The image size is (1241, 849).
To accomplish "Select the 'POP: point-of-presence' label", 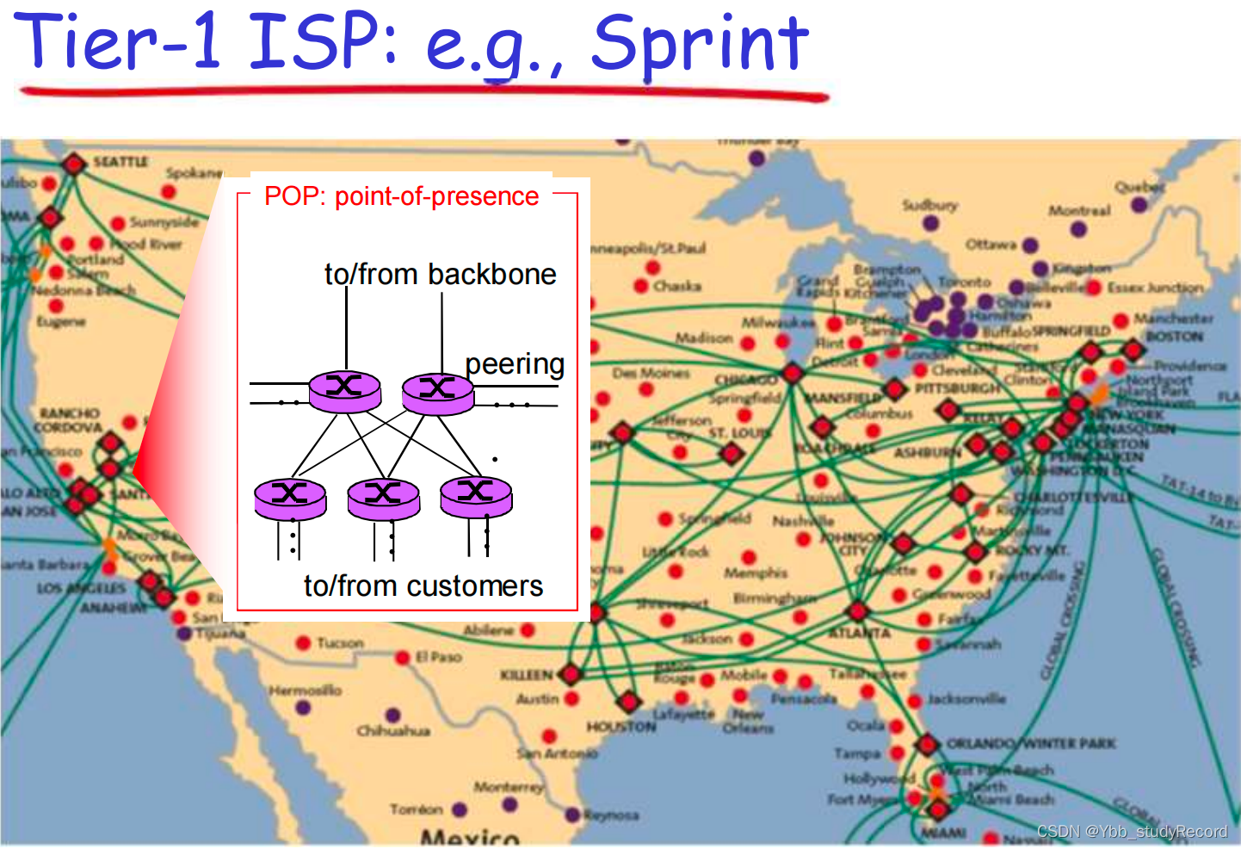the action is (x=401, y=196).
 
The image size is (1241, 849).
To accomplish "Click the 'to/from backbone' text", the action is (x=440, y=274).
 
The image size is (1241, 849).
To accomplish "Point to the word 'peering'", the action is (x=515, y=363).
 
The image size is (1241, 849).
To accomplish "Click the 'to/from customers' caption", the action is (x=423, y=586).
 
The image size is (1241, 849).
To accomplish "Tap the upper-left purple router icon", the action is (x=344, y=391).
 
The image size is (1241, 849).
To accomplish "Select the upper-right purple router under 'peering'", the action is (x=438, y=394).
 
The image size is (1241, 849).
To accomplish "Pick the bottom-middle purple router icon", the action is (x=383, y=499).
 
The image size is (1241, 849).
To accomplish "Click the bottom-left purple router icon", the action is (x=290, y=499).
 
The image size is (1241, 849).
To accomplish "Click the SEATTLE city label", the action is (x=120, y=162).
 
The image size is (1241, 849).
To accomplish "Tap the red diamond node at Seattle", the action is (x=74, y=164).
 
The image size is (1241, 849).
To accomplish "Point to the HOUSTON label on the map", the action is (x=621, y=727).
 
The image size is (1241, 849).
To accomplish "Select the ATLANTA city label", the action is (x=859, y=633).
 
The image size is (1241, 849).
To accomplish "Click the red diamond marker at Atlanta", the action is (x=857, y=611).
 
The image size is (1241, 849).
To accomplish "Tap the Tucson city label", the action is (x=340, y=643).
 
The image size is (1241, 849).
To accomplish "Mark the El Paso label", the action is (x=439, y=657).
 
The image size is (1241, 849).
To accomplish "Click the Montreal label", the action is (x=1079, y=211).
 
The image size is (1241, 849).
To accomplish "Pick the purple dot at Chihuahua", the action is (x=393, y=715).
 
